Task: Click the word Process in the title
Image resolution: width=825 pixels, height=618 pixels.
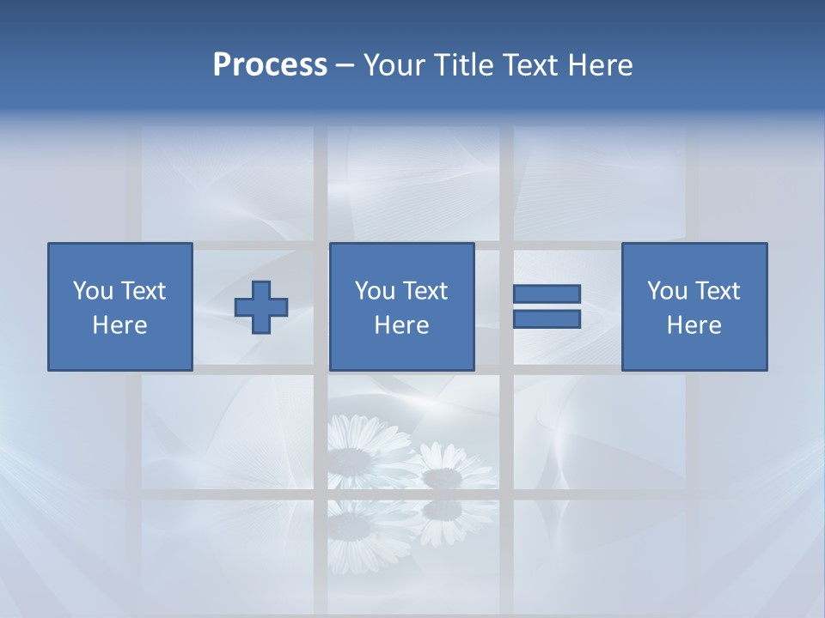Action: tap(270, 65)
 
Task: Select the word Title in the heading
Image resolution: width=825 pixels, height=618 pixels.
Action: tap(463, 65)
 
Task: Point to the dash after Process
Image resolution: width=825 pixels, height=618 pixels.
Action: tap(345, 66)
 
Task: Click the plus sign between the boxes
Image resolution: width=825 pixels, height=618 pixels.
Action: tap(261, 307)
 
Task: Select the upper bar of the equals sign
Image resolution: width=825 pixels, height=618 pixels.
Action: tap(547, 294)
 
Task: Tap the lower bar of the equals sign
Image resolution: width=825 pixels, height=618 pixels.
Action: tap(547, 319)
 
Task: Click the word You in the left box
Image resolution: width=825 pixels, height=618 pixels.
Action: tap(93, 291)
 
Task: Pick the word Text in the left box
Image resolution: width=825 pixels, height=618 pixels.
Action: tap(142, 291)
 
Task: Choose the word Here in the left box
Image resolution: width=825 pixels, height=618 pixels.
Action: tap(119, 325)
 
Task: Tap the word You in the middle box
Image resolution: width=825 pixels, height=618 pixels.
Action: tap(375, 291)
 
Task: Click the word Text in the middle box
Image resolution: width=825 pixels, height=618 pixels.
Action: tap(424, 291)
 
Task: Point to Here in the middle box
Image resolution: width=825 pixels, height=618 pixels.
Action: tap(401, 325)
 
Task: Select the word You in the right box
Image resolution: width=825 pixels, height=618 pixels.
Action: tap(667, 291)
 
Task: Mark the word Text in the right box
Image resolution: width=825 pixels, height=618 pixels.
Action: tap(716, 291)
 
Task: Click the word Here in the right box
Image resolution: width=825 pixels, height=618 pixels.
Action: tap(694, 325)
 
